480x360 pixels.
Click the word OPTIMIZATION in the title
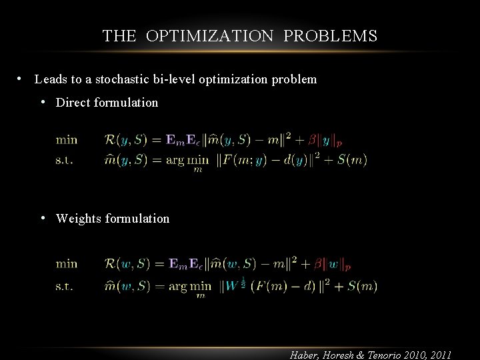(x=210, y=36)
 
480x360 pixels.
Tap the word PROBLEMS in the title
(x=331, y=36)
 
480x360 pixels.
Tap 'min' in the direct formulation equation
(x=67, y=139)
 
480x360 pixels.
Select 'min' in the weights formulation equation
(x=67, y=263)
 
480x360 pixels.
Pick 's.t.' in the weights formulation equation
(x=65, y=287)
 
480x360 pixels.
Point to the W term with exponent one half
(x=233, y=285)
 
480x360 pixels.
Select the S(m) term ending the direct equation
(x=351, y=160)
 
